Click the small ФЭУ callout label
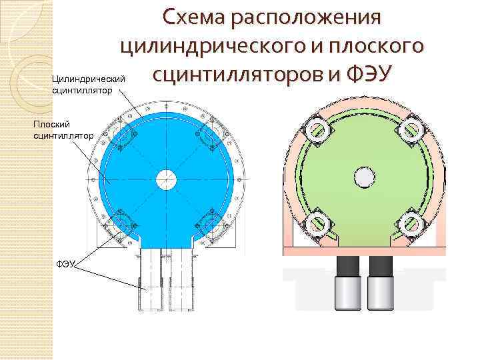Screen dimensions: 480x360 (67, 265)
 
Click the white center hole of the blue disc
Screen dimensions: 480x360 (166, 178)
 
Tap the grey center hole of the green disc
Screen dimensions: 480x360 (364, 177)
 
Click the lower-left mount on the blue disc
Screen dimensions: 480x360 (121, 221)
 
